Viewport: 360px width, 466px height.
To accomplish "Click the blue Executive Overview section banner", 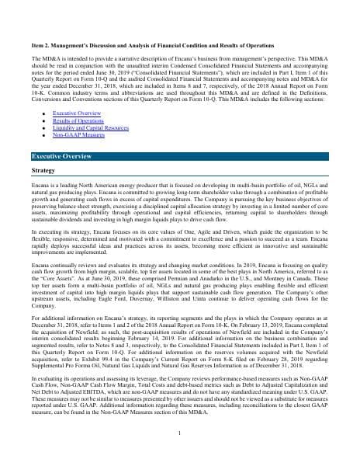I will click(x=179, y=155).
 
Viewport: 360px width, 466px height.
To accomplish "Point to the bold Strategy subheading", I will click(x=43, y=169).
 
